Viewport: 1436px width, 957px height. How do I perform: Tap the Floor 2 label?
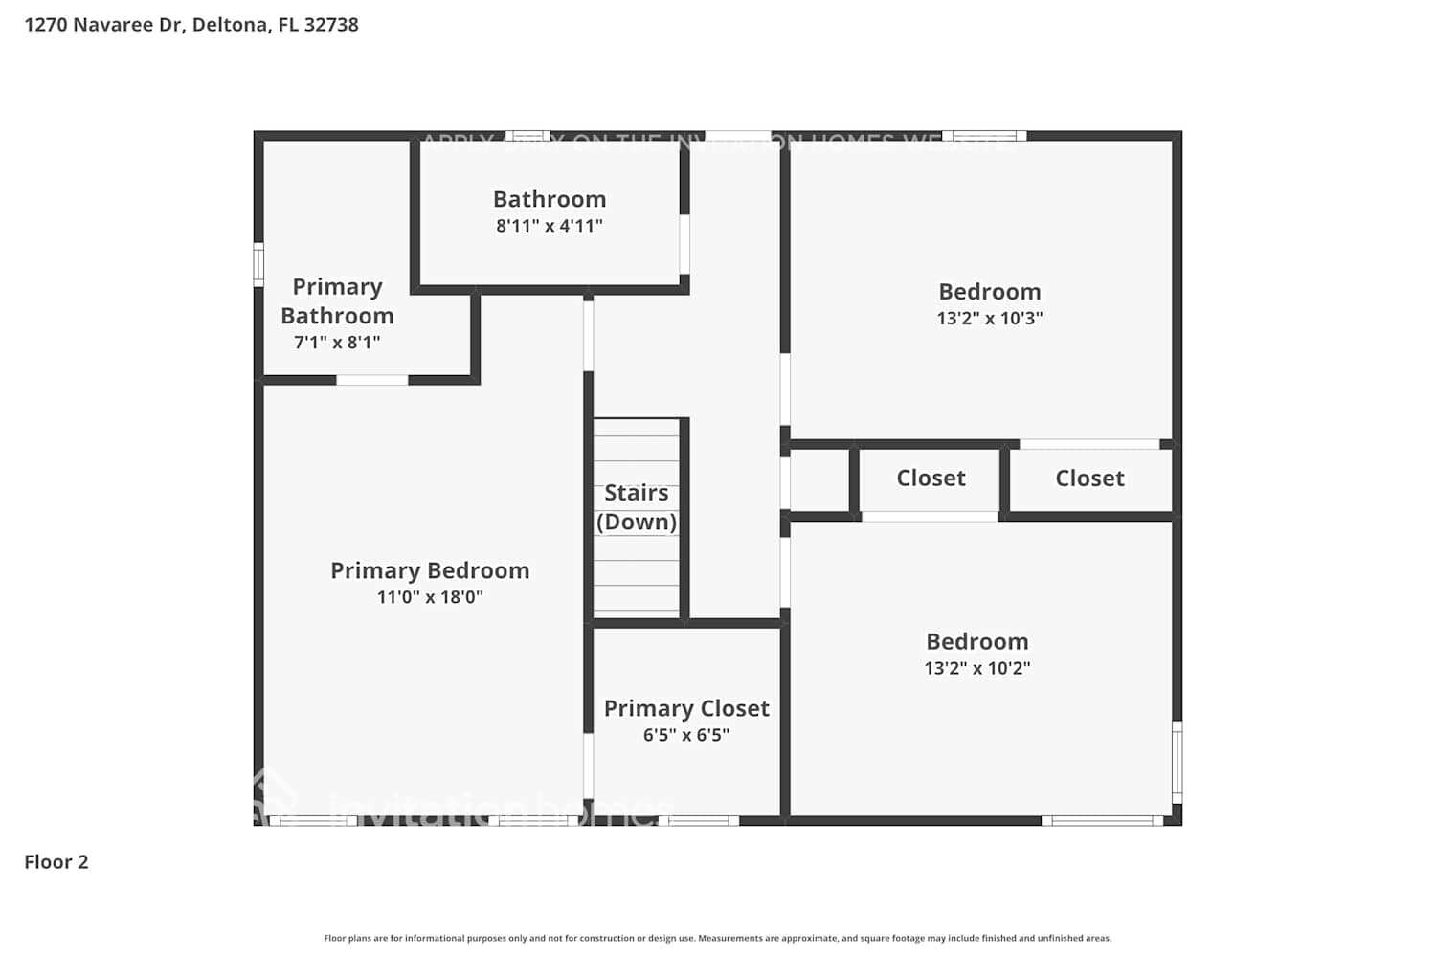click(56, 862)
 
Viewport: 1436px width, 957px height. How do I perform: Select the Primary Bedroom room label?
click(430, 570)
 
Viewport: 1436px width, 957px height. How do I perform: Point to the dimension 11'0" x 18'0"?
click(430, 597)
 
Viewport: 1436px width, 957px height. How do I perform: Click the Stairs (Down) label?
click(637, 507)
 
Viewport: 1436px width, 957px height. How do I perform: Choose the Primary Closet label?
click(686, 708)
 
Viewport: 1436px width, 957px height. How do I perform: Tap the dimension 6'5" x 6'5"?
click(686, 735)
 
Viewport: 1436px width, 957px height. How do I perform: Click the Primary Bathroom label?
click(337, 301)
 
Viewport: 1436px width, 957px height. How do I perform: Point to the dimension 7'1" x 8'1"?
click(337, 343)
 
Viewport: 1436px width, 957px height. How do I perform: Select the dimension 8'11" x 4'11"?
click(550, 226)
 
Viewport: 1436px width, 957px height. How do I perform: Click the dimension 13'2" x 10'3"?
click(990, 319)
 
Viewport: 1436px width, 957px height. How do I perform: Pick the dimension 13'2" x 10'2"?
click(977, 668)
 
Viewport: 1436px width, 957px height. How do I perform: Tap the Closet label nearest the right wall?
click(1089, 478)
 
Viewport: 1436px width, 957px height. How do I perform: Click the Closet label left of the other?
click(931, 478)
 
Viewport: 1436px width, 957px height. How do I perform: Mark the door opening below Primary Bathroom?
click(372, 380)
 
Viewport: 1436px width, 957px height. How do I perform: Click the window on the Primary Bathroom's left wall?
click(258, 264)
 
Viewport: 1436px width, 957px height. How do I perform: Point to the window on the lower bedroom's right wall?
click(1178, 762)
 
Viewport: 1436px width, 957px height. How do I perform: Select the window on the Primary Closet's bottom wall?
click(699, 820)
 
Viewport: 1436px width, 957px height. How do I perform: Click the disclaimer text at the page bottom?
click(718, 939)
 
